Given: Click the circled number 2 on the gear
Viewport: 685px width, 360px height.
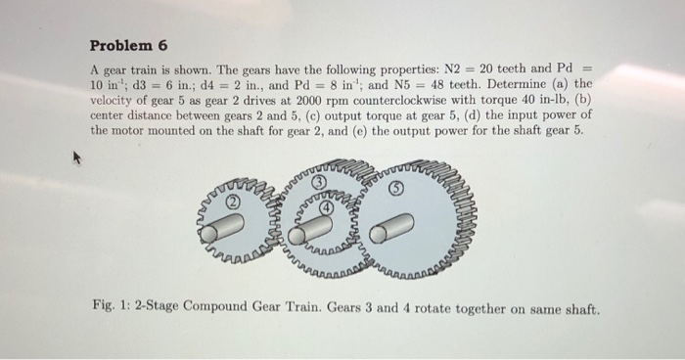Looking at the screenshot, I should click(x=233, y=202).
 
